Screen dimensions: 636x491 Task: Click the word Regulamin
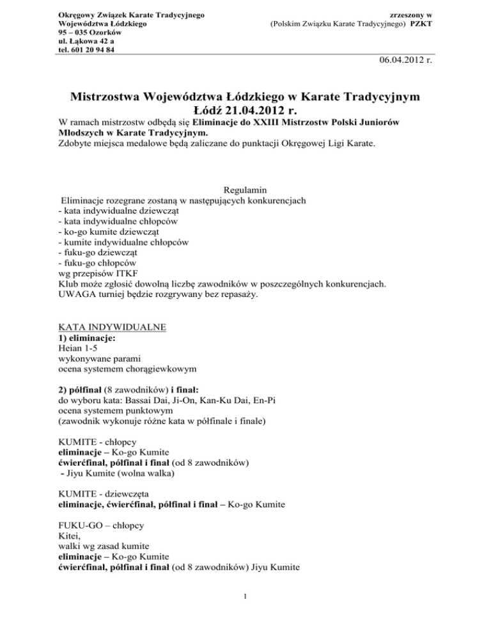245,191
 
